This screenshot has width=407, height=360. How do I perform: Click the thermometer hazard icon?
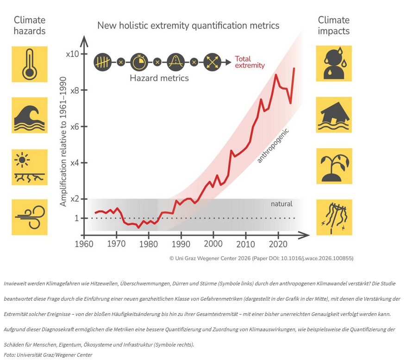coord(29,63)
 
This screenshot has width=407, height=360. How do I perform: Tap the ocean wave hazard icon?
coord(29,115)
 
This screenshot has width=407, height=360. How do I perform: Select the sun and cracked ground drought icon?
coord(29,167)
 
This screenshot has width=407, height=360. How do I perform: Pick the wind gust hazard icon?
coord(29,217)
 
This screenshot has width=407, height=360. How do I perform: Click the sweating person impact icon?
coord(334,63)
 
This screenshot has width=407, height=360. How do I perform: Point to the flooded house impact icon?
coord(334,115)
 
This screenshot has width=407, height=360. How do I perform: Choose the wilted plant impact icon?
coord(334,166)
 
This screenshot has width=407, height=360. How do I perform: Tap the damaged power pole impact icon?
coord(334,217)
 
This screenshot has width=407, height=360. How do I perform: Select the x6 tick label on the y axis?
coord(75,126)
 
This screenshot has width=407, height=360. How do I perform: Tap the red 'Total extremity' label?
coord(250,62)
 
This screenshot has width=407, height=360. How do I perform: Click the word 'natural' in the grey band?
coord(282,203)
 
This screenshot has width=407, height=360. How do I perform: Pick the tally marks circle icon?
coord(102,62)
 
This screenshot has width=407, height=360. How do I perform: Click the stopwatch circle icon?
coord(138,62)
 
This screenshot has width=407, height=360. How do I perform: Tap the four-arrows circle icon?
coord(212,62)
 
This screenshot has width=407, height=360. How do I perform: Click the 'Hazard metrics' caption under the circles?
coord(159,78)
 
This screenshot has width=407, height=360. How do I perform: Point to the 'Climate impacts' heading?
coord(334,25)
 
